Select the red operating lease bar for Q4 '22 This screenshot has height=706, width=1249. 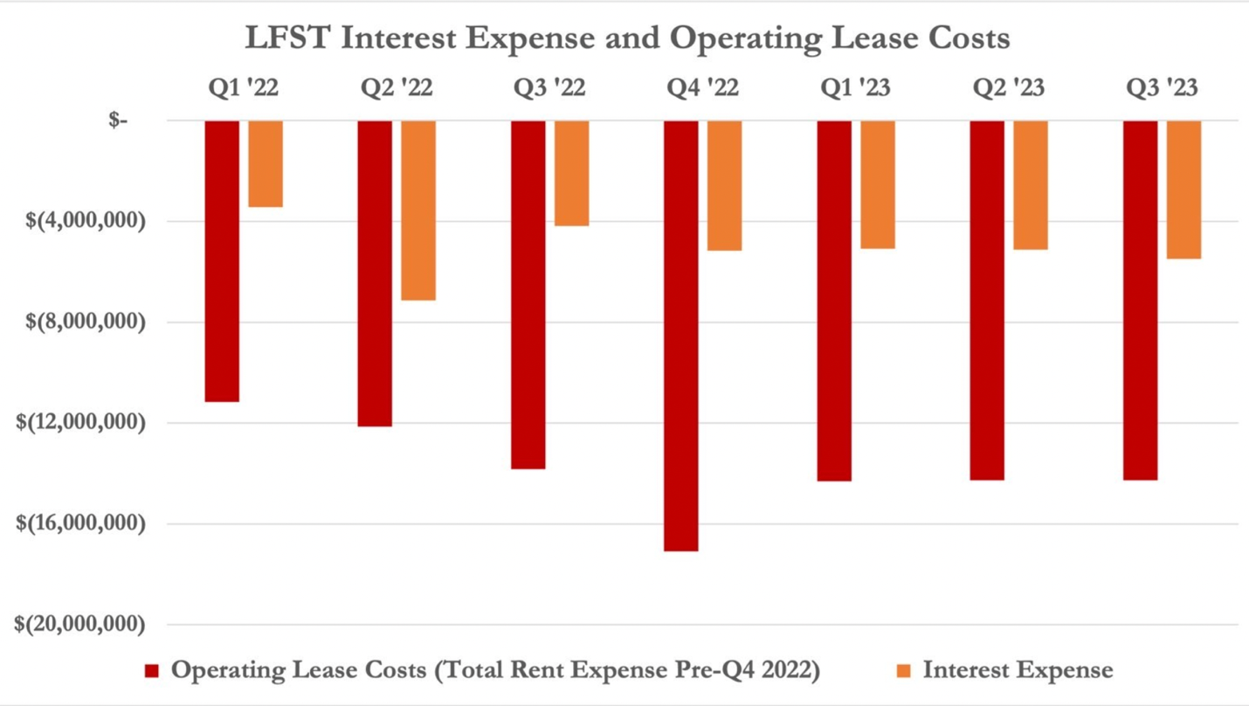point(681,336)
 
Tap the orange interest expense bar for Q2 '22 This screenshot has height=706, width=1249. point(418,211)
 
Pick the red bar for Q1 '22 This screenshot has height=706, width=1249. point(222,261)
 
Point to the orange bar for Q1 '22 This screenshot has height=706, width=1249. point(266,164)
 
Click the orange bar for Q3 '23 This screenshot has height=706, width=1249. point(1183,190)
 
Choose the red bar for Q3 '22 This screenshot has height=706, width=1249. point(528,294)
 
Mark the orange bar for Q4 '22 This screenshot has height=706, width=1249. point(724,185)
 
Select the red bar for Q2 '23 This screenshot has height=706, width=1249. point(987,301)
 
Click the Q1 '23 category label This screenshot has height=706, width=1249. point(856,88)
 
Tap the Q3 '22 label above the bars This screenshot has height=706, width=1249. point(549,88)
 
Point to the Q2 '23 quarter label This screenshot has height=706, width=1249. point(1009,88)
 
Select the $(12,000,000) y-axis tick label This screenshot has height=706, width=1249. point(80,423)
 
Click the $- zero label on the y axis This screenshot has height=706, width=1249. point(118,121)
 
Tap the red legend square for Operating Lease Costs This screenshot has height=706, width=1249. point(152,671)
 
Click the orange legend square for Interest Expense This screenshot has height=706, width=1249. point(904,671)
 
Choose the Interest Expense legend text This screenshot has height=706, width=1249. point(1018,671)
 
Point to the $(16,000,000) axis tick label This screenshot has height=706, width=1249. point(80,523)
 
